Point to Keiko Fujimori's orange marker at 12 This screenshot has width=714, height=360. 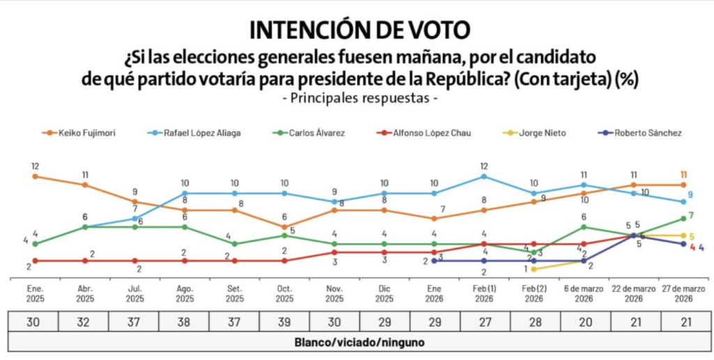(x=35, y=177)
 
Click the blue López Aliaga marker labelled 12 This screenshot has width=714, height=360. (x=484, y=177)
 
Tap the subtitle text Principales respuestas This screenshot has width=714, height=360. (x=360, y=98)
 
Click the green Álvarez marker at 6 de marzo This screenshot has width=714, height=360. (x=584, y=227)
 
